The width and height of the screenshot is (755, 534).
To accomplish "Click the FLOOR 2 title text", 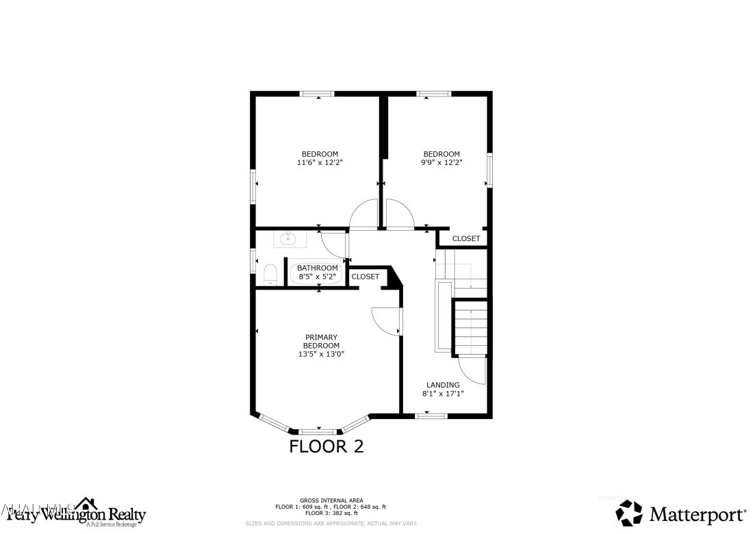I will (x=326, y=447).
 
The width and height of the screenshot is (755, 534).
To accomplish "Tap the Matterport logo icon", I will (x=629, y=513).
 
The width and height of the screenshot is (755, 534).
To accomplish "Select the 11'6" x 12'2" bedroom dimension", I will (x=319, y=163).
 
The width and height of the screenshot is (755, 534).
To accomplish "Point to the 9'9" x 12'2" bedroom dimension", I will (x=442, y=163).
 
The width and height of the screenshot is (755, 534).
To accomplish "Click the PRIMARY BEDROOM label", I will (x=321, y=341).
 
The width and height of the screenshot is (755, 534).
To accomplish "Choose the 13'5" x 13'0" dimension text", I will (x=321, y=354).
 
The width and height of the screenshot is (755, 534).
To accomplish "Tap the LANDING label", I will (x=443, y=385).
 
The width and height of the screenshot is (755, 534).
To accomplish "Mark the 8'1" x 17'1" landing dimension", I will (x=443, y=394).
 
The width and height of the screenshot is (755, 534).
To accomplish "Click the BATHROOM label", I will (x=317, y=268).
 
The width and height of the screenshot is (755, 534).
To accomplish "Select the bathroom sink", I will (x=286, y=239).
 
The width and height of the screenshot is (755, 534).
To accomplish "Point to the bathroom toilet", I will (x=269, y=275).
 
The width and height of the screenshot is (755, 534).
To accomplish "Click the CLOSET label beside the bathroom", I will (x=365, y=277).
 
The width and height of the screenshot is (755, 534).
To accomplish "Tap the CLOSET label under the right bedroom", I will (x=466, y=239).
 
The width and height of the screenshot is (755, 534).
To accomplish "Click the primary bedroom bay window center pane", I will (x=319, y=431).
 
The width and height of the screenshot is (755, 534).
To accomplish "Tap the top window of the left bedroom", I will (x=318, y=93).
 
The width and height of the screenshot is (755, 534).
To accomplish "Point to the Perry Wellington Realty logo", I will (x=76, y=512).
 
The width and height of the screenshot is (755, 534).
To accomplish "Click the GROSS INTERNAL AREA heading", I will (x=331, y=500).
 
